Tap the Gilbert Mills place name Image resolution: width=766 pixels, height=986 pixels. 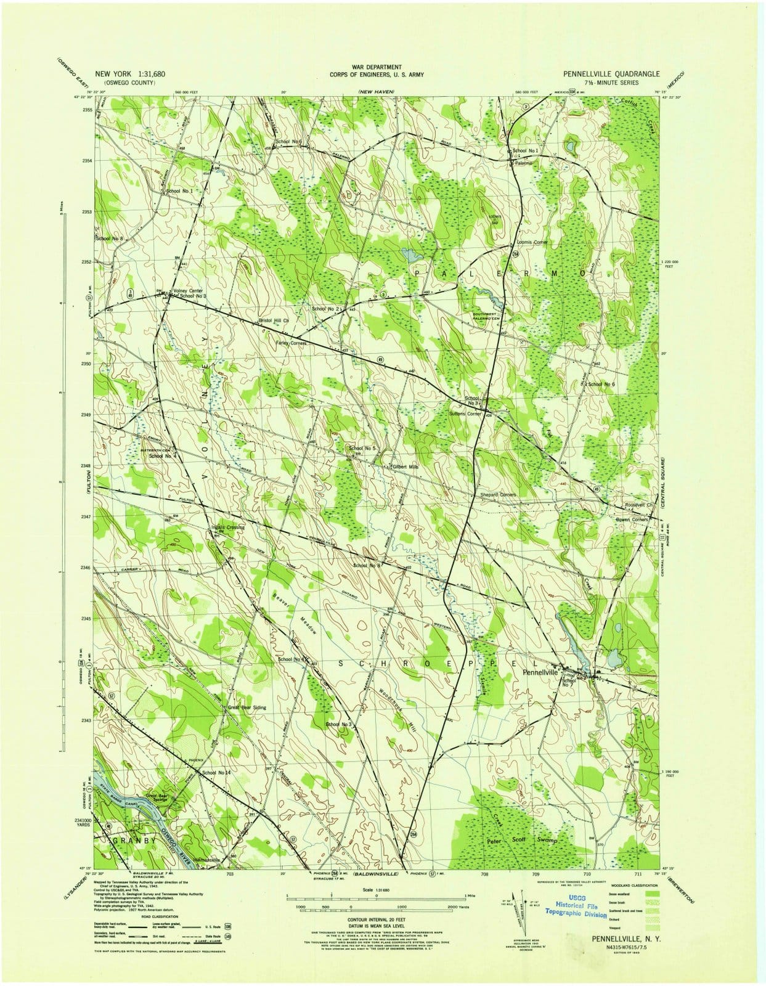[405, 467]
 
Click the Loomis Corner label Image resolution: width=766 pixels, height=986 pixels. [532, 242]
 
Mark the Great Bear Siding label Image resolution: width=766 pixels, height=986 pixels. [247, 707]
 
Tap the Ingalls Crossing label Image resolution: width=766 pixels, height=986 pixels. [227, 528]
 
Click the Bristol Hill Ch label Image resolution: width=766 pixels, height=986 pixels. [274, 320]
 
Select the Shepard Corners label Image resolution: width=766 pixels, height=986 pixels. [498, 495]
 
